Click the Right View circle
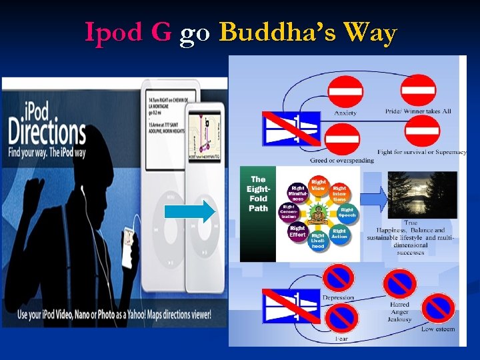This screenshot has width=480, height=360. coord(319,186)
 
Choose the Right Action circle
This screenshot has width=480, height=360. coord(339,235)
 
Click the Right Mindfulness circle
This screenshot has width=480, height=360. coord(297,193)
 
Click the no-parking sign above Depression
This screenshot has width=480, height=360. coord(339,278)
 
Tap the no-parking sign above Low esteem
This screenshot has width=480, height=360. coord(437,308)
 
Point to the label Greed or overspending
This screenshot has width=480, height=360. coord(342,161)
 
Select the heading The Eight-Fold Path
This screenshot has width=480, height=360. coord(258,193)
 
